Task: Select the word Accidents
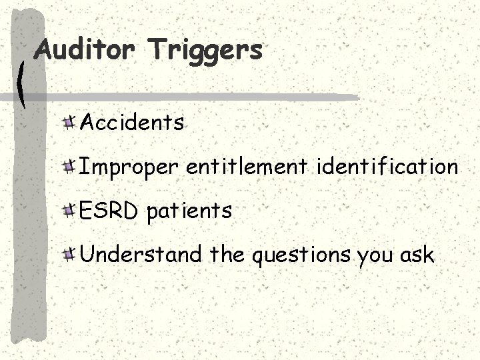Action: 132,123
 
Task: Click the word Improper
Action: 129,167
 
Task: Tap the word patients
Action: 189,211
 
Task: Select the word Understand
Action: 140,254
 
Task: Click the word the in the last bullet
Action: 226,254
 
